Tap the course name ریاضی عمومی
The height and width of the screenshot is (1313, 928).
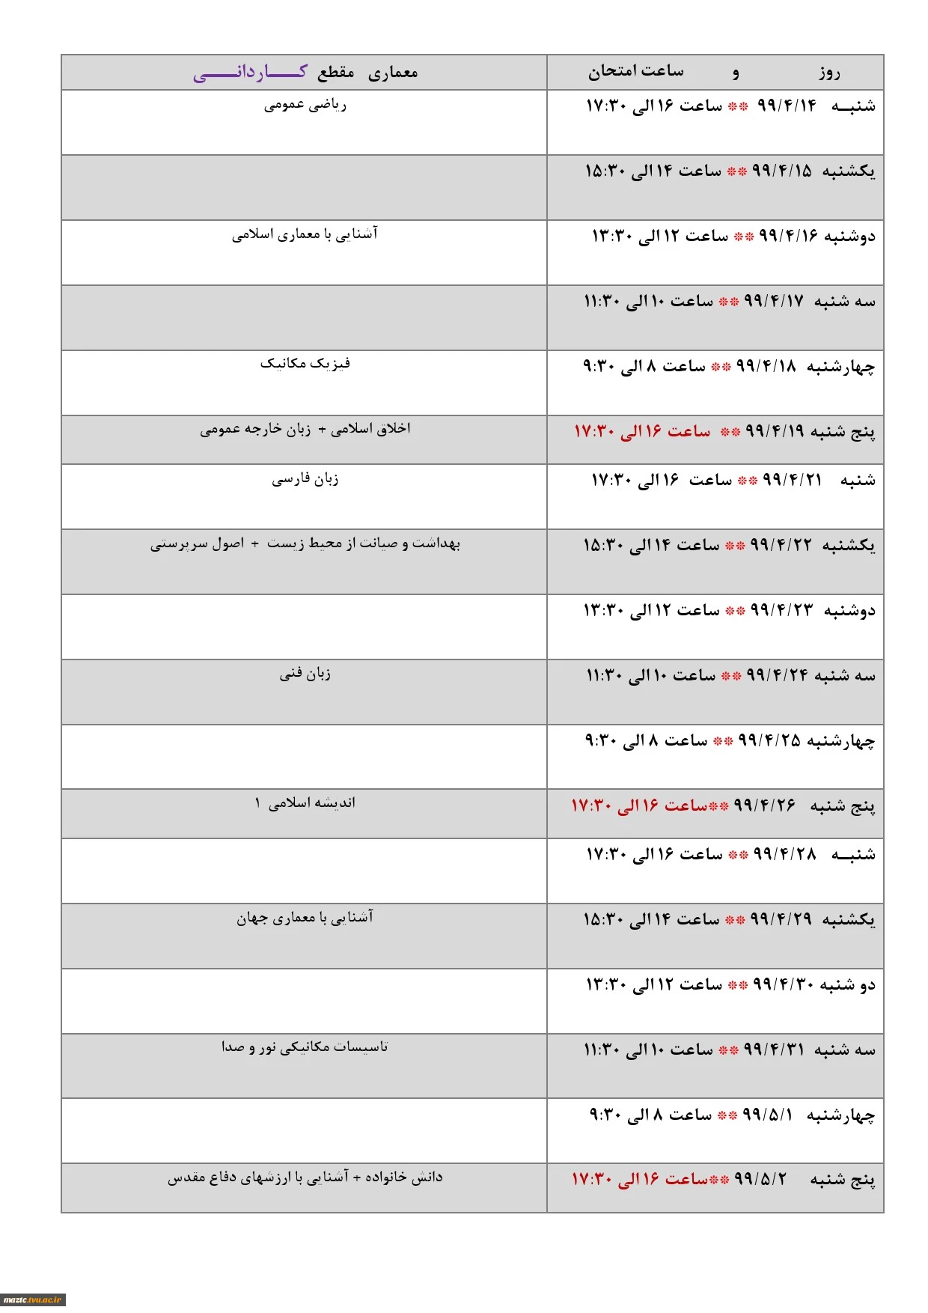click(x=305, y=105)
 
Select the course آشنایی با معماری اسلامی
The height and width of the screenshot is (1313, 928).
click(x=305, y=234)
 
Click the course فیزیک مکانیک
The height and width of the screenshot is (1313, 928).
click(x=305, y=364)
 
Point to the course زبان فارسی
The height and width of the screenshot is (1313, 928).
click(x=305, y=479)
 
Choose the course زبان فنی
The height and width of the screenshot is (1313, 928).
click(x=305, y=674)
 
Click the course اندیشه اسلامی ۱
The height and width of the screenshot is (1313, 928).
click(x=305, y=803)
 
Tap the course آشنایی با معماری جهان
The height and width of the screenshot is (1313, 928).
click(x=305, y=918)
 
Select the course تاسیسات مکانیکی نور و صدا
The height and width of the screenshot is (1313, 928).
click(x=305, y=1047)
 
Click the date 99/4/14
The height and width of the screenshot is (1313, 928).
click(x=787, y=106)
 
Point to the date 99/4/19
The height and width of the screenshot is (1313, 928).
click(x=775, y=431)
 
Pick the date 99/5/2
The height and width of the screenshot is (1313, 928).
click(x=760, y=1179)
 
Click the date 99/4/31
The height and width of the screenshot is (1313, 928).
click(x=774, y=1050)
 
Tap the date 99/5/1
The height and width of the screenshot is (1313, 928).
click(x=767, y=1115)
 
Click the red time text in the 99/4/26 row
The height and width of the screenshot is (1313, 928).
click(x=640, y=805)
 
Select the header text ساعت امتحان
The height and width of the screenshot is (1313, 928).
click(x=635, y=71)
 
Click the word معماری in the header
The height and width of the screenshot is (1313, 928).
click(x=393, y=73)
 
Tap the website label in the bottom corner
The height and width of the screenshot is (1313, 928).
click(x=32, y=1300)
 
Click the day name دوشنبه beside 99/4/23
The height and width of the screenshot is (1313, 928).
click(x=849, y=611)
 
